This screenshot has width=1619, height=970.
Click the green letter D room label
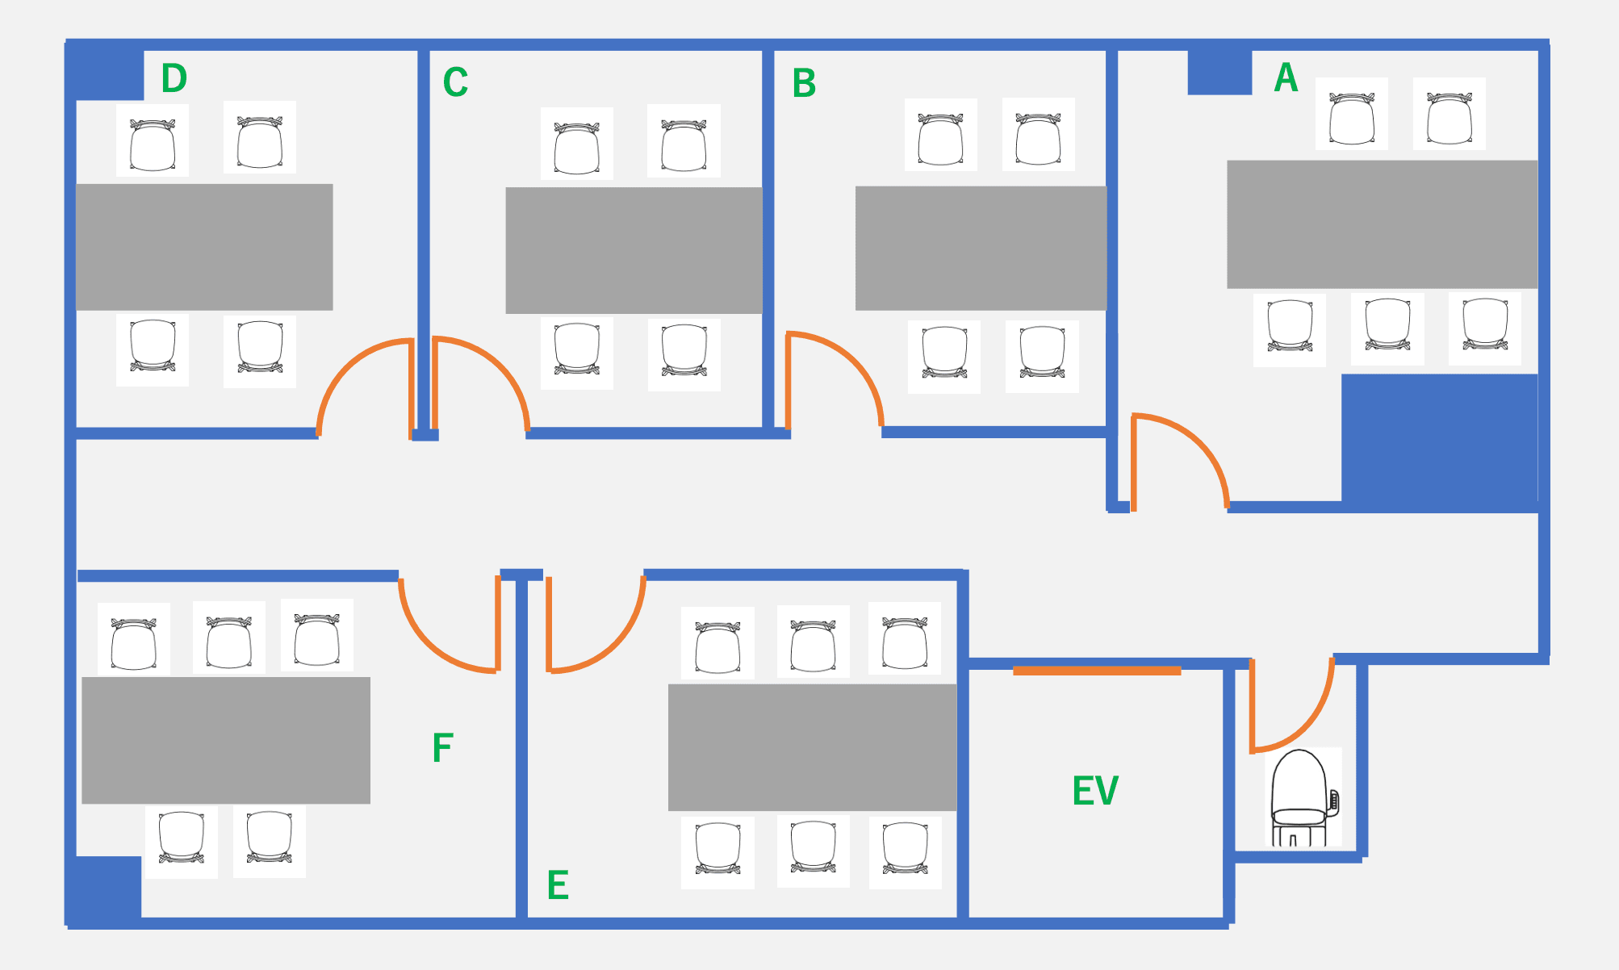(174, 78)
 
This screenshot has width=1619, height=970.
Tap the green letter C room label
(455, 82)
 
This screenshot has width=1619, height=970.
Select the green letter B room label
(804, 83)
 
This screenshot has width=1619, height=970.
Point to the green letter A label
(1286, 78)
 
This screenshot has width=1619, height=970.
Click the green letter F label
(442, 748)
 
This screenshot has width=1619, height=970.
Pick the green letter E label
(558, 885)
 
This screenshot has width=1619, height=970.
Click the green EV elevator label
(1095, 791)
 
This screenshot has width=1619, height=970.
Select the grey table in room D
(204, 247)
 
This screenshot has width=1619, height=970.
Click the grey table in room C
(634, 250)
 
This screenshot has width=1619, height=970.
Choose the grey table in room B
(981, 248)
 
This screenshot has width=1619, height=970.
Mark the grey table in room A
(1382, 224)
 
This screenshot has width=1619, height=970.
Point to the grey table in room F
(226, 740)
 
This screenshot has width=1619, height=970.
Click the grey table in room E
(812, 747)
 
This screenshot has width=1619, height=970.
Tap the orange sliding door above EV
(1097, 671)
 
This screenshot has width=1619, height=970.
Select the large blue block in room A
(1439, 441)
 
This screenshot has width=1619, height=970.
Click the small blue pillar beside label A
(1219, 72)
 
